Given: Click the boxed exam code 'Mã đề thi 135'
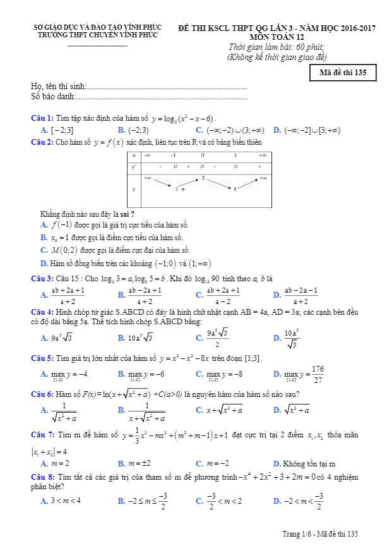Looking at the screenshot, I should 343,72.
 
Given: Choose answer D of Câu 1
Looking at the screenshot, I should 307,130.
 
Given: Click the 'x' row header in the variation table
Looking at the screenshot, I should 134,155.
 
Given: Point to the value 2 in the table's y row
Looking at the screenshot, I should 203,178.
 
